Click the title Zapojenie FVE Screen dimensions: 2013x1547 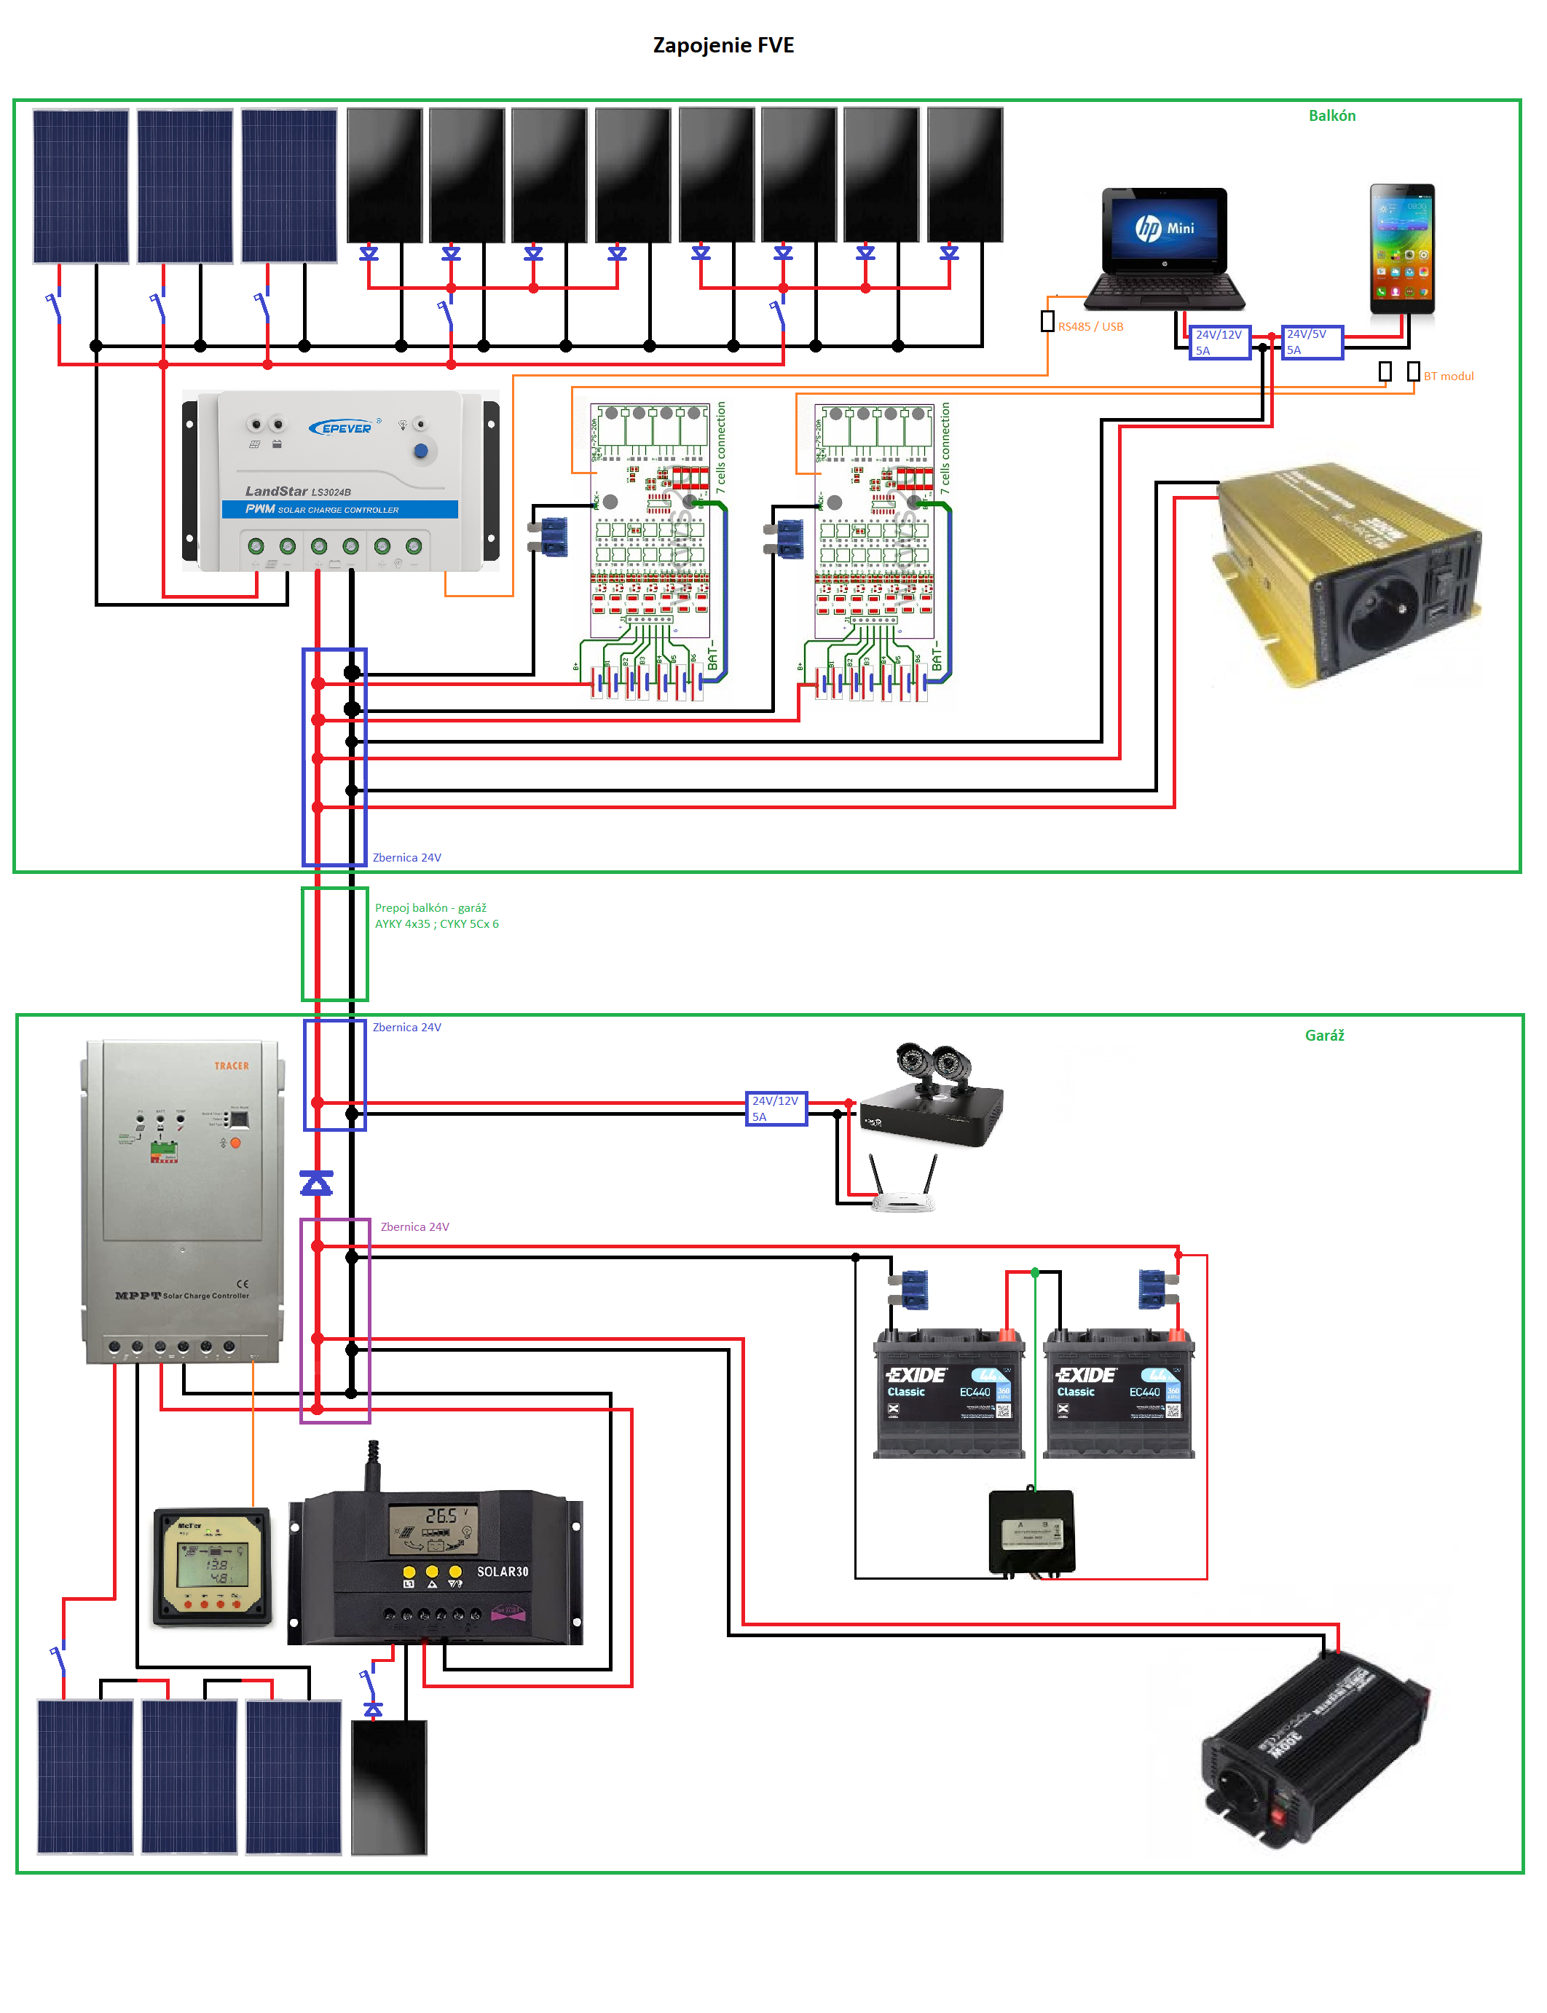click(723, 45)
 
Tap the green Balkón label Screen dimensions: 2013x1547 click(1331, 115)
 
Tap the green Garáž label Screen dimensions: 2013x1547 click(1324, 1035)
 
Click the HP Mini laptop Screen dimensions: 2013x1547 click(1165, 248)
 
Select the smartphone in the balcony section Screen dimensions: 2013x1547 click(1401, 248)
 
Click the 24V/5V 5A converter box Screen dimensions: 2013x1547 click(1312, 342)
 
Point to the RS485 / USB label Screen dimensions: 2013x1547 click(1090, 327)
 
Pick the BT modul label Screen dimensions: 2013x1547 click(1449, 376)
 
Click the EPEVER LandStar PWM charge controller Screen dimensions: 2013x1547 click(341, 481)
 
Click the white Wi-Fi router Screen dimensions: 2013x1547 click(902, 1192)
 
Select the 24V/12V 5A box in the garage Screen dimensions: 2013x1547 click(776, 1108)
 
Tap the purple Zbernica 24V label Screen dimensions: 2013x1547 click(414, 1226)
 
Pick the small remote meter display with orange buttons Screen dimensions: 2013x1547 click(213, 1565)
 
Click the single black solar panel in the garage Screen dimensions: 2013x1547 click(390, 1787)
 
